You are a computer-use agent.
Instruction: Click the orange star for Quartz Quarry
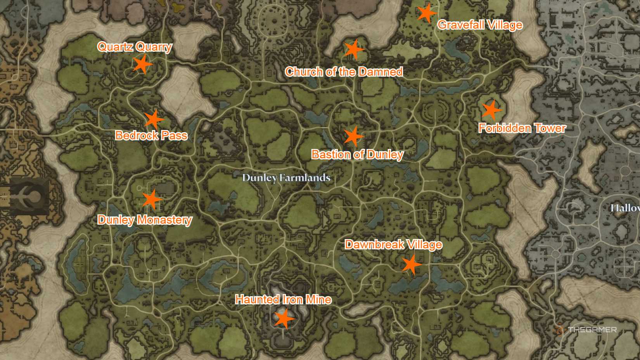point(142,64)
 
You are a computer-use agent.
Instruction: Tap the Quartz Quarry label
point(135,47)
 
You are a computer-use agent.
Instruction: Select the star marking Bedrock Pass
point(154,119)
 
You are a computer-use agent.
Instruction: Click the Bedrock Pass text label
point(151,135)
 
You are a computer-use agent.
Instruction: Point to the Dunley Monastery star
point(152,199)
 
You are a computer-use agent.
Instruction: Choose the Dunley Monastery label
point(145,220)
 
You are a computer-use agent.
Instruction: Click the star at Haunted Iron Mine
point(284,318)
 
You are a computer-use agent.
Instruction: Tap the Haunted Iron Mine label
point(283,299)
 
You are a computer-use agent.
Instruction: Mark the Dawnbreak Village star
point(411,265)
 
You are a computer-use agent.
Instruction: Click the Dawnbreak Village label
point(393,245)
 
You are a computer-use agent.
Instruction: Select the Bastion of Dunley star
point(353,136)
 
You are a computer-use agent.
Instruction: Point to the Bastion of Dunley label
point(357,154)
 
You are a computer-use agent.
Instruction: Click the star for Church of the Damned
point(353,49)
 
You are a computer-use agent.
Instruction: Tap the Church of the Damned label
point(344,72)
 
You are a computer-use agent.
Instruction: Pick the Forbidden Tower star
point(491,110)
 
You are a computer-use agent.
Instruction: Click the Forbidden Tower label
point(522,128)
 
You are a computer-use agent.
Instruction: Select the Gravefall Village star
point(426,13)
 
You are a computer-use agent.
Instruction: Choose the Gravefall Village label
point(480,25)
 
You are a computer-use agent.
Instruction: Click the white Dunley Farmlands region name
point(286,178)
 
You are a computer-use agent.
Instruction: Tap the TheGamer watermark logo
point(585,330)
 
